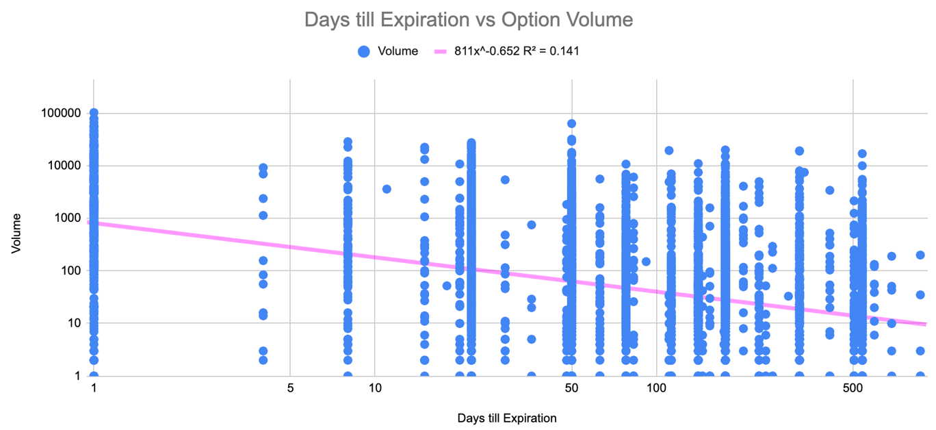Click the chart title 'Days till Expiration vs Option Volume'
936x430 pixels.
pos(468,19)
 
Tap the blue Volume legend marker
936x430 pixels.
pos(364,51)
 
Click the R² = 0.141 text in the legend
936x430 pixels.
pos(547,51)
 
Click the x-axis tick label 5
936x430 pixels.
pos(290,388)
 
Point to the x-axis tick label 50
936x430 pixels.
pos(571,388)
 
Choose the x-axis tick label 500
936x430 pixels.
pos(853,388)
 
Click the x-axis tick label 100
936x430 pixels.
pos(656,388)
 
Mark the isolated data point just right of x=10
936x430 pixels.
pos(387,189)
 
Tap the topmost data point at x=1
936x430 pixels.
pos(94,112)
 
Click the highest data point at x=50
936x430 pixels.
pos(571,124)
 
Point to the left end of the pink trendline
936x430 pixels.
pos(89,223)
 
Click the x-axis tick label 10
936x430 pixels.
pos(374,388)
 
